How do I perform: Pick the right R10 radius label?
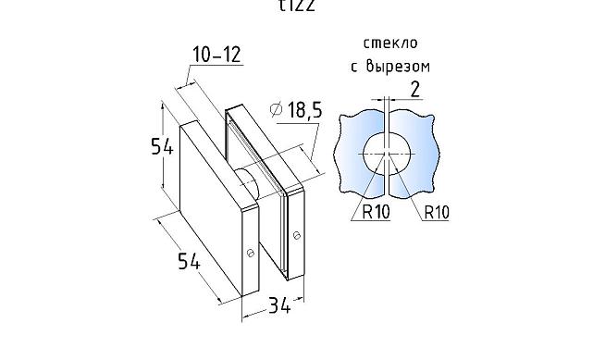tap(436, 213)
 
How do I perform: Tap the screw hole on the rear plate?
tap(298, 232)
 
